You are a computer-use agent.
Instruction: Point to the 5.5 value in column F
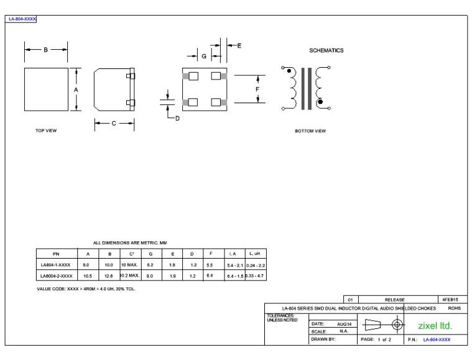click(x=212, y=264)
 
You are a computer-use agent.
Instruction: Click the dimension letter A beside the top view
click(x=76, y=90)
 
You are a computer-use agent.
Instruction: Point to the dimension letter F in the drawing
click(x=257, y=90)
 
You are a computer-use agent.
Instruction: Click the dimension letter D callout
click(x=177, y=118)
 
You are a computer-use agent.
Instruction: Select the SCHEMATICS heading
click(x=326, y=50)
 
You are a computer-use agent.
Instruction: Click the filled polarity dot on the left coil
click(x=290, y=72)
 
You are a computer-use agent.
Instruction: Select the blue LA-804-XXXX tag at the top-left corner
click(x=22, y=19)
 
